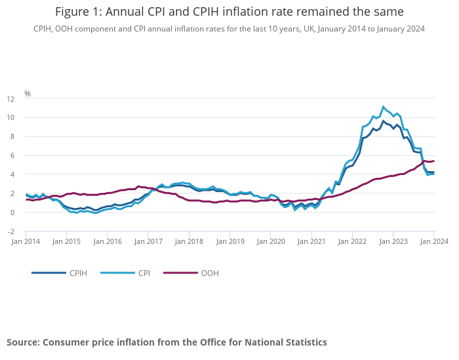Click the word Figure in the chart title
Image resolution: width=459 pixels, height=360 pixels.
tap(73, 12)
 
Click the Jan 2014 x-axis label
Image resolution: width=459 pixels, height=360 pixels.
tap(26, 242)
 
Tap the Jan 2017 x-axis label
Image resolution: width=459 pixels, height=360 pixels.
tap(149, 242)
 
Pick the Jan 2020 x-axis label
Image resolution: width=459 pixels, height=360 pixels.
tap(271, 242)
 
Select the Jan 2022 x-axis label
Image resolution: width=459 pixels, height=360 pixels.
tap(352, 242)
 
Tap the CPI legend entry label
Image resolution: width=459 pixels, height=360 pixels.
tap(144, 273)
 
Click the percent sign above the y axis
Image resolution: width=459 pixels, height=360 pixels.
tap(28, 94)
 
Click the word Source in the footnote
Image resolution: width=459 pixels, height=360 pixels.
tap(23, 342)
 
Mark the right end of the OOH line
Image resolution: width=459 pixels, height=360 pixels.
tap(434, 161)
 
